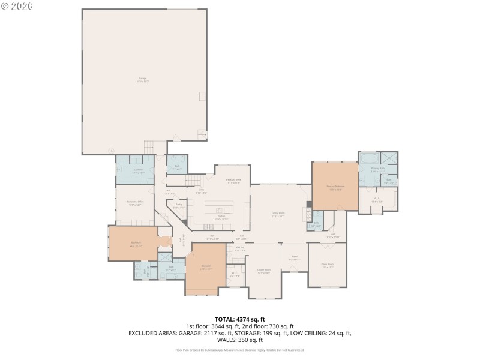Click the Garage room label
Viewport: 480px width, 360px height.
(x=143, y=79)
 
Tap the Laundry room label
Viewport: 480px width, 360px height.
(x=138, y=170)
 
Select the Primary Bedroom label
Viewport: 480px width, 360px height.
(x=335, y=187)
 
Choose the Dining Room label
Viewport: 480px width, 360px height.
(x=264, y=270)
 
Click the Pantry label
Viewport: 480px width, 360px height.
(x=179, y=206)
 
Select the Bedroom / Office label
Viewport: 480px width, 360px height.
(x=135, y=203)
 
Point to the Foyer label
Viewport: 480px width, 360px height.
(x=295, y=258)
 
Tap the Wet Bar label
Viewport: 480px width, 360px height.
(x=239, y=248)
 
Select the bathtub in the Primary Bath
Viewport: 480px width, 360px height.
(x=367, y=158)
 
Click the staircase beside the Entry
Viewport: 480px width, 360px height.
(x=193, y=181)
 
